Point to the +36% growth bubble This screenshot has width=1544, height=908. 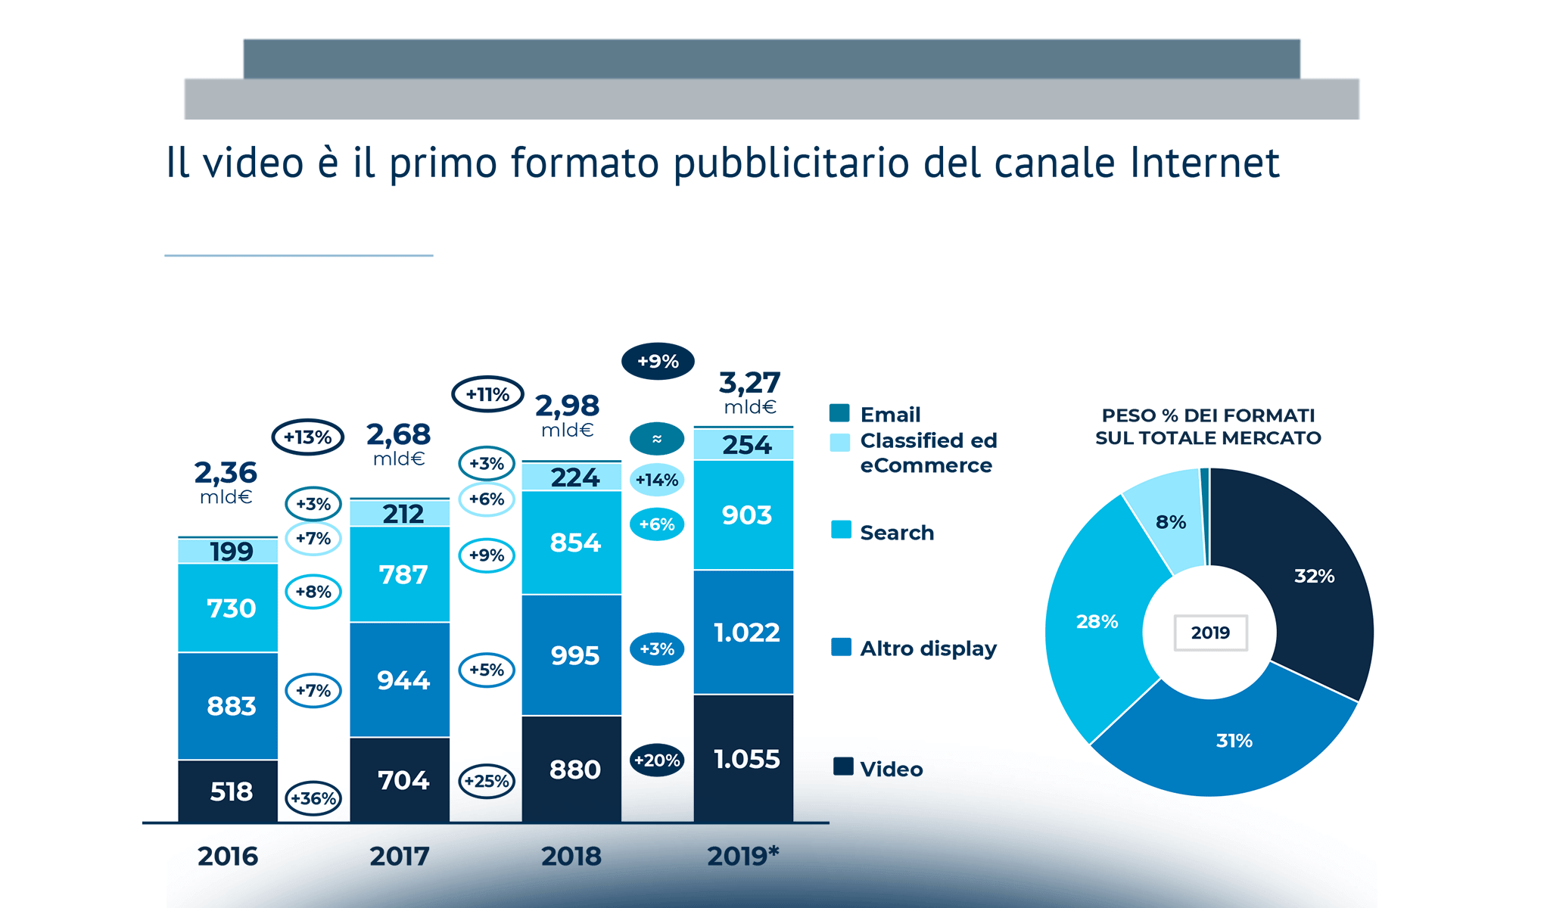pyautogui.click(x=313, y=798)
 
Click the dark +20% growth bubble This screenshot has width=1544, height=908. pyautogui.click(x=657, y=760)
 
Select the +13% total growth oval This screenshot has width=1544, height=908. pyautogui.click(x=308, y=437)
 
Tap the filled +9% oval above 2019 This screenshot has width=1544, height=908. pyautogui.click(x=658, y=362)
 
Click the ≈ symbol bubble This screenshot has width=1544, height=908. pyautogui.click(x=657, y=439)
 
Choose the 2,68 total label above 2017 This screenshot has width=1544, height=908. pyautogui.click(x=398, y=435)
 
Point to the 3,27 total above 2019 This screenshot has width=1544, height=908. pyautogui.click(x=749, y=383)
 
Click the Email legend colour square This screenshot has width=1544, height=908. pyautogui.click(x=839, y=413)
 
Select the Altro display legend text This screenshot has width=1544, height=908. pyautogui.click(x=928, y=648)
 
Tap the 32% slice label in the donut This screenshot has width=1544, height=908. pyautogui.click(x=1314, y=577)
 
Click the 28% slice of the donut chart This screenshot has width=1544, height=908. pyautogui.click(x=1097, y=622)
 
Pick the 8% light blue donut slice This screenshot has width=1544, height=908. pyautogui.click(x=1170, y=522)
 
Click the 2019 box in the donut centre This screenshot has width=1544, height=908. pyautogui.click(x=1210, y=633)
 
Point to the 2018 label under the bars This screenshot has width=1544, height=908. pyautogui.click(x=571, y=857)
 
